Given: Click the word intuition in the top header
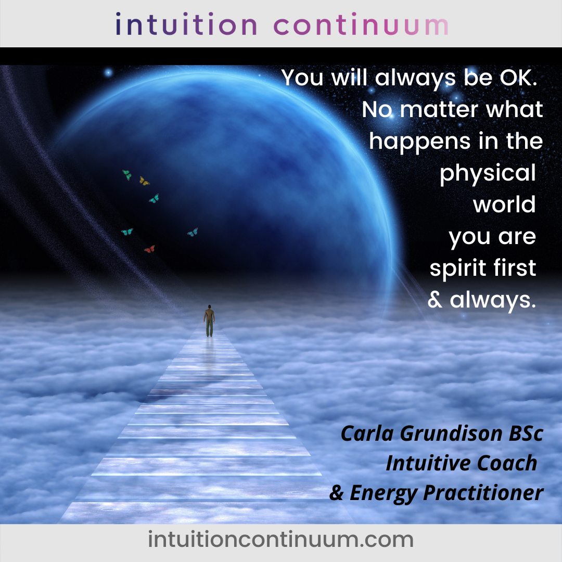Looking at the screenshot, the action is click(186, 24).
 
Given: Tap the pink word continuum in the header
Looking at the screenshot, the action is click(361, 24).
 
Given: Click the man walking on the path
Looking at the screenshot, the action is click(209, 321).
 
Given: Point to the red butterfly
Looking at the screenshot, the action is click(149, 249).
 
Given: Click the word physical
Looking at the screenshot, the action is click(488, 173).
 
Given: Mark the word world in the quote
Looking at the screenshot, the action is click(504, 205).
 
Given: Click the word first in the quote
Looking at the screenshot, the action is click(514, 267).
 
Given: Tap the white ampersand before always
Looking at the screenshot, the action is click(435, 300).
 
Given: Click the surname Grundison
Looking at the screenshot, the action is click(451, 433).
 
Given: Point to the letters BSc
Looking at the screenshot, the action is click(526, 433).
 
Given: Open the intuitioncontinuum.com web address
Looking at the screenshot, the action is click(281, 540).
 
